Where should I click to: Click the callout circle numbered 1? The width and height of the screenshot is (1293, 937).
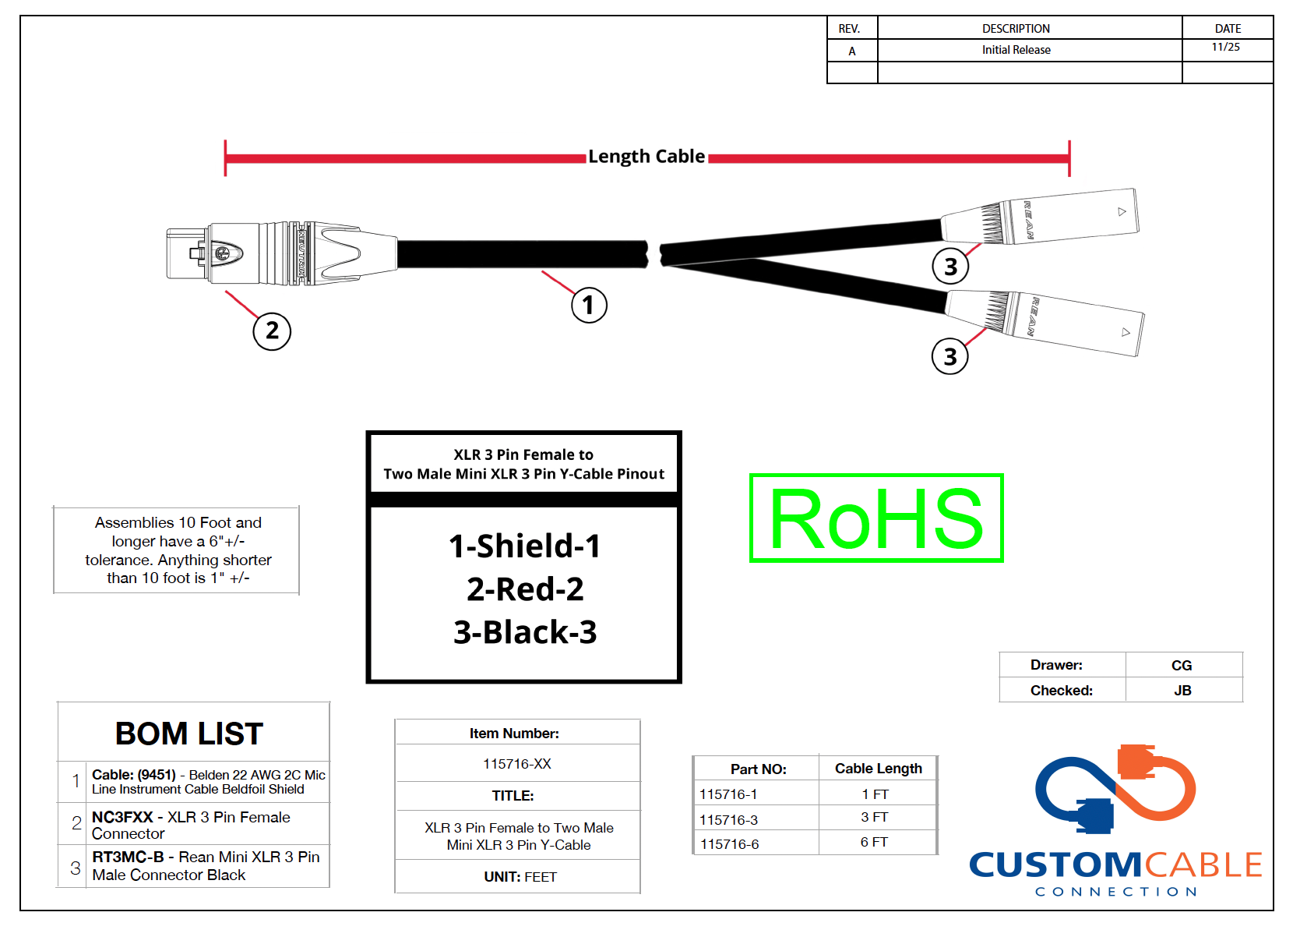589,305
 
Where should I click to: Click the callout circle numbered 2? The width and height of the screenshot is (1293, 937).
272,331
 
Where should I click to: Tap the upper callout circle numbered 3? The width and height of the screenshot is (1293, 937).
950,267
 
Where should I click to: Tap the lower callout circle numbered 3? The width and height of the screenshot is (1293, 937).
949,357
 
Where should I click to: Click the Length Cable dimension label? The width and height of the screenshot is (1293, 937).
646,157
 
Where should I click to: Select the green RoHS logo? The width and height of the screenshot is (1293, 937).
876,518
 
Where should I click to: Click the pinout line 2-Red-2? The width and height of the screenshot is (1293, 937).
525,589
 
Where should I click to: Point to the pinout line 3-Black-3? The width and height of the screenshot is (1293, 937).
525,632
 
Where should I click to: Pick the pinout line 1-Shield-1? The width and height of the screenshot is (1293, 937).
525,546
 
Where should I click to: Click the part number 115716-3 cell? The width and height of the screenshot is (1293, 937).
728,820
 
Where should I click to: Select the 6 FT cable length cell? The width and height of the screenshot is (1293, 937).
874,843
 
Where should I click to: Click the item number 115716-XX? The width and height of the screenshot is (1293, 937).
517,764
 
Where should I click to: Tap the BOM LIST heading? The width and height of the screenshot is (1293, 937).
189,734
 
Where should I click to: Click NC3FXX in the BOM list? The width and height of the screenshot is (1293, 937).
123,817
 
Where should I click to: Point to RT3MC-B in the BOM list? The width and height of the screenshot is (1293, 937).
128,857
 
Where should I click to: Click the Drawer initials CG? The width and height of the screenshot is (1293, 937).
1182,666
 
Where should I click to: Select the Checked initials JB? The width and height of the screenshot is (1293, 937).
1182,691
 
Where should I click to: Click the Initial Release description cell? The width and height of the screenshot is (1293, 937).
1016,50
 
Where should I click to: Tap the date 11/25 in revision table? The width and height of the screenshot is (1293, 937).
1226,48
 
